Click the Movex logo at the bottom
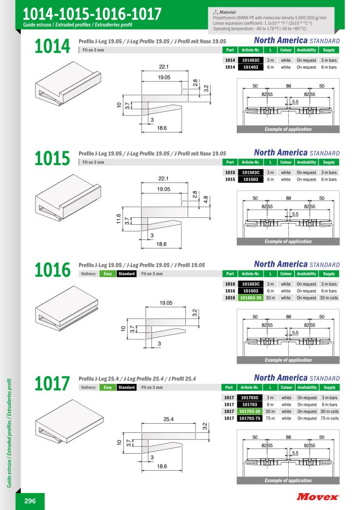317,496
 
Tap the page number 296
30,501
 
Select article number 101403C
251,60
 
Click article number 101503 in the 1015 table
251,179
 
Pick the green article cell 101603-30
251,297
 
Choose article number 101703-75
250,418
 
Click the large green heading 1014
52,46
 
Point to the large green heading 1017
52,383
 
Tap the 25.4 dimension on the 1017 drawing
168,419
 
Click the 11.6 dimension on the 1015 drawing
119,219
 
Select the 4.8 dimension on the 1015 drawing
206,199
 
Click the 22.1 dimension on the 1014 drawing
164,66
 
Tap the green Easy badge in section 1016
108,274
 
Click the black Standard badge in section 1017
127,387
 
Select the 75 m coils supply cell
329,418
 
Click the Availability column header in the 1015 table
306,162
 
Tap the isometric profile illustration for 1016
66,308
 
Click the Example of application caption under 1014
288,129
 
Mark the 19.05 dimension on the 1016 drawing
166,303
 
